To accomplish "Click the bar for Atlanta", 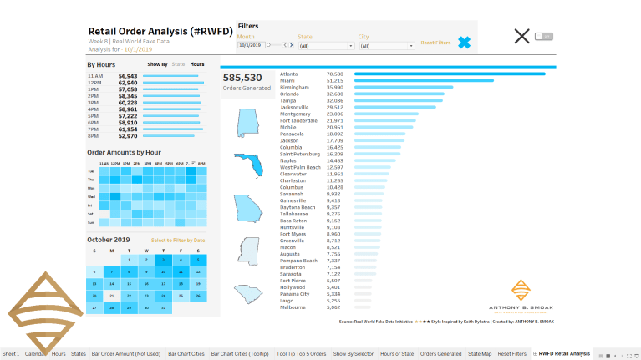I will [450, 74].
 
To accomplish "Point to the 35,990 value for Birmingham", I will [334, 87].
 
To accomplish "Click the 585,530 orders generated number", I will [242, 78].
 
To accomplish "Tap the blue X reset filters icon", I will [464, 43].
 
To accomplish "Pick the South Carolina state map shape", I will [247, 294].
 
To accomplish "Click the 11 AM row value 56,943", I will [127, 76].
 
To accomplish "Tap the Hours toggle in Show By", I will [197, 64].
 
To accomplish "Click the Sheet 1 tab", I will [10, 354].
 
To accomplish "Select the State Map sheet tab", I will [479, 354].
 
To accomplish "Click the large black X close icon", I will [521, 36].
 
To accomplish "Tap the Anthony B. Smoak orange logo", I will [520, 291].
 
